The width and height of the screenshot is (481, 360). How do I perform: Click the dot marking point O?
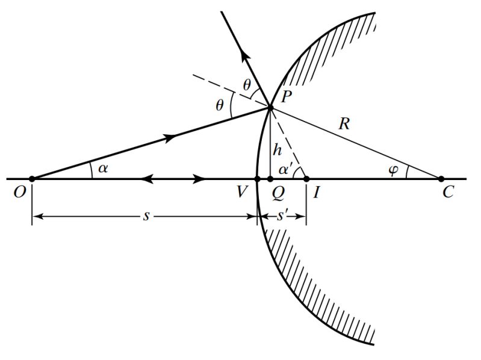(x=32, y=179)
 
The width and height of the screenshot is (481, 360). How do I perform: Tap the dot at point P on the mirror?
(x=270, y=108)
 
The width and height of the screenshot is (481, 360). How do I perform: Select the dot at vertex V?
(x=258, y=179)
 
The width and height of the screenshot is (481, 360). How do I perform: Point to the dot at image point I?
(x=306, y=179)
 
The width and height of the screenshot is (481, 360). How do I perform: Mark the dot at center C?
(x=441, y=179)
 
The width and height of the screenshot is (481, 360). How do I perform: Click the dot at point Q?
(x=270, y=179)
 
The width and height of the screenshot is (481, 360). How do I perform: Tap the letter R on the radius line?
(x=344, y=125)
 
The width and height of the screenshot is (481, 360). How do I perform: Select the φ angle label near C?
(x=394, y=170)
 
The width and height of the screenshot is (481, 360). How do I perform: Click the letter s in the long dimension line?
(x=145, y=215)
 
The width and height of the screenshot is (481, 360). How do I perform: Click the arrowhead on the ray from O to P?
(x=171, y=137)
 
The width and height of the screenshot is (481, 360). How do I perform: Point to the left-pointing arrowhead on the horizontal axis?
(x=144, y=179)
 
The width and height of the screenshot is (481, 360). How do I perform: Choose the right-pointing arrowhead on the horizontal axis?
(x=201, y=179)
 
